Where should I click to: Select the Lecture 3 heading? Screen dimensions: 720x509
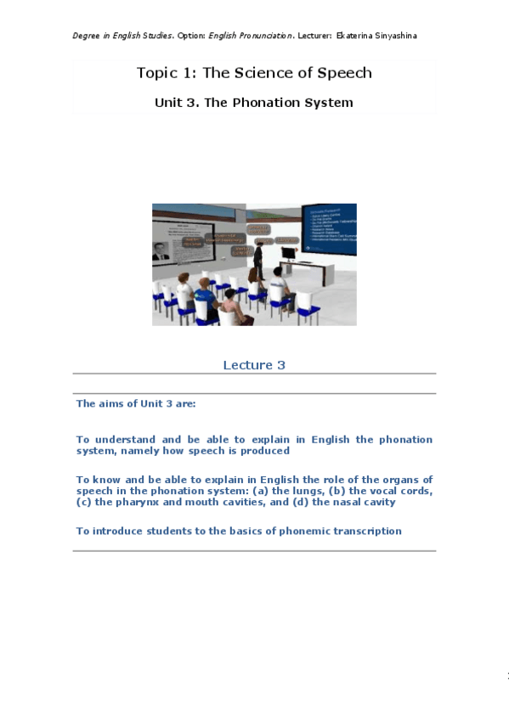point(254,365)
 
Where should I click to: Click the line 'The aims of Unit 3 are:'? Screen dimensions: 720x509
point(136,403)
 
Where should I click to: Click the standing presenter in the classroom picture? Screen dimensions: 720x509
point(259,253)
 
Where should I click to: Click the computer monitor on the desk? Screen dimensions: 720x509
point(290,252)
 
